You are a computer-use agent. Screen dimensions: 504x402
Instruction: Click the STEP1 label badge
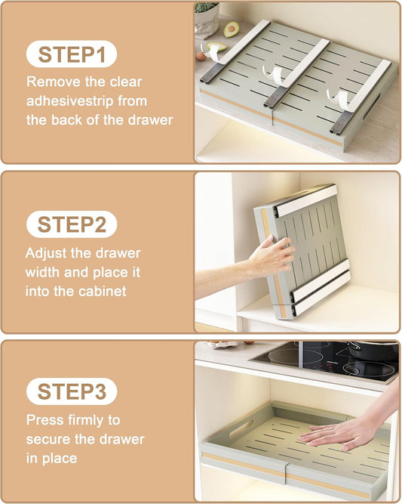click(x=72, y=55)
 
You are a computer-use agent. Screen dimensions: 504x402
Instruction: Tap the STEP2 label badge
click(x=72, y=224)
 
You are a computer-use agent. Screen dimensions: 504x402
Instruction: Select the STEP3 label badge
click(x=72, y=392)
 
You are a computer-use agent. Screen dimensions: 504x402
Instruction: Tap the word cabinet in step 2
click(x=103, y=289)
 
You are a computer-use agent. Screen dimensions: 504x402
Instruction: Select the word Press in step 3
click(x=44, y=419)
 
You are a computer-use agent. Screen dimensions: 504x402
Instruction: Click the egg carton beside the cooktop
click(x=223, y=345)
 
